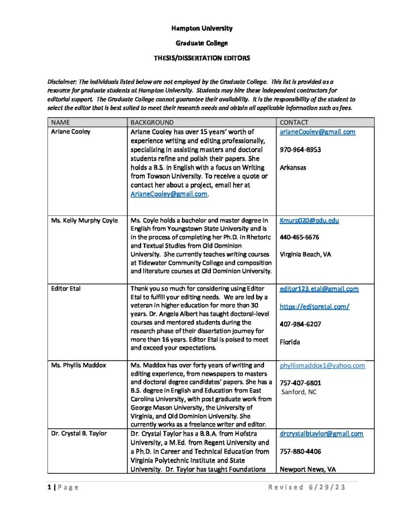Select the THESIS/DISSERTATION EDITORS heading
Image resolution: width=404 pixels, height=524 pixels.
[x=202, y=58]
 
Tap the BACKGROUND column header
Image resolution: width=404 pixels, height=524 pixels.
[x=152, y=123]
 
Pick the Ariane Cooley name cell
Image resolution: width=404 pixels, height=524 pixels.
[x=70, y=132]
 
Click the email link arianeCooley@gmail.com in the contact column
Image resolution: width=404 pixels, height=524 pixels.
[x=317, y=132]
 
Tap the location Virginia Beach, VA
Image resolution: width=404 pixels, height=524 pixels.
[x=305, y=254]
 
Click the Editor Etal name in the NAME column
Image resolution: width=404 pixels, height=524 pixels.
[x=66, y=289]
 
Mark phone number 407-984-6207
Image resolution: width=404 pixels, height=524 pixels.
[x=300, y=324]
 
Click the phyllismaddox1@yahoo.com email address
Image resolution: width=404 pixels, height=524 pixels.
[x=322, y=365]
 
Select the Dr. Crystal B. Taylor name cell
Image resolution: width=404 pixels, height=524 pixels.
[x=79, y=434]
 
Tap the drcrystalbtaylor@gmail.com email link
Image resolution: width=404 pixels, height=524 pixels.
[x=321, y=434]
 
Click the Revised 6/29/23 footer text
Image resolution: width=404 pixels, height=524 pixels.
[x=307, y=487]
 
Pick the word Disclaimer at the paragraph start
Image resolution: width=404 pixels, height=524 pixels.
[x=63, y=82]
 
